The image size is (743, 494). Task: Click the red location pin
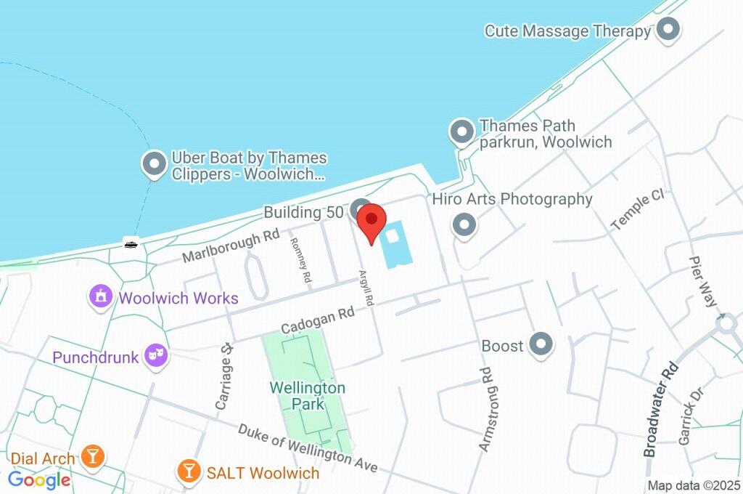click(372, 222)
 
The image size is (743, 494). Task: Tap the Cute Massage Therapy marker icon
click(668, 31)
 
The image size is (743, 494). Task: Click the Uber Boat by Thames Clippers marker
click(154, 166)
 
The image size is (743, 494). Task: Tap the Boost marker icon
click(541, 345)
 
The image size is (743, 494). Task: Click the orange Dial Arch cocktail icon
click(93, 457)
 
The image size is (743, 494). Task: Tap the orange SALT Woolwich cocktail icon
click(189, 471)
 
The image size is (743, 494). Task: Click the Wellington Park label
click(307, 396)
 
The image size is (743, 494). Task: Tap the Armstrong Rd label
click(485, 410)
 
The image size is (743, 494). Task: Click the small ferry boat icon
click(131, 244)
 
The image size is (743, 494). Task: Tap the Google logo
click(39, 480)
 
